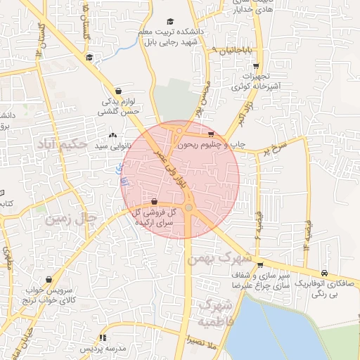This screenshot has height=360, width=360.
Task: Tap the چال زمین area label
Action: click(x=70, y=219)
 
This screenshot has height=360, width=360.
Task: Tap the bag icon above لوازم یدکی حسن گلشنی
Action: click(x=117, y=91)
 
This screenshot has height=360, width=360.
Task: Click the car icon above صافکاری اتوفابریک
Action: click(x=323, y=273)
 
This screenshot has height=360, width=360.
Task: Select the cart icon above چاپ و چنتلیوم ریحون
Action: click(x=211, y=134)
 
